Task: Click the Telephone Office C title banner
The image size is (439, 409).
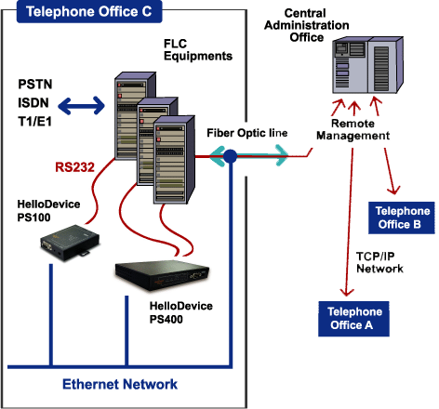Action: [x=89, y=12]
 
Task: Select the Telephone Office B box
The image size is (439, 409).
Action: [x=402, y=218]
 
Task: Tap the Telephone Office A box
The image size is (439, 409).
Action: [x=353, y=319]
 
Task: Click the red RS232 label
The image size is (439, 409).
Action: [x=74, y=167]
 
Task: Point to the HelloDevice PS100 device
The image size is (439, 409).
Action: [x=70, y=243]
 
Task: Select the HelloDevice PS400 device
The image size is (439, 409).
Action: [x=162, y=276]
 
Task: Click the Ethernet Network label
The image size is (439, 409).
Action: [x=120, y=384]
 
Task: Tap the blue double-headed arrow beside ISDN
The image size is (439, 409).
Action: [x=81, y=106]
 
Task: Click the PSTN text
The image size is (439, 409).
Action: [x=35, y=85]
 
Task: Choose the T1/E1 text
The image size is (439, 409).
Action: [x=34, y=122]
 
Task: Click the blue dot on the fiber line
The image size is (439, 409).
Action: [x=230, y=156]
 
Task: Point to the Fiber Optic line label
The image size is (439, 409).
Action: [x=247, y=133]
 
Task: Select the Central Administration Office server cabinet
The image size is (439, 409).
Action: [x=368, y=65]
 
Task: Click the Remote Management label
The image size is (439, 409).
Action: [x=353, y=129]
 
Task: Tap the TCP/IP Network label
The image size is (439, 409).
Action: [x=379, y=262]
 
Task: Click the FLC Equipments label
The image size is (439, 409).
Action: [x=198, y=50]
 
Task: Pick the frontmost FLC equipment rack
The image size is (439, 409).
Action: [x=174, y=160]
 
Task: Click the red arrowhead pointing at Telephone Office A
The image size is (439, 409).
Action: [x=347, y=292]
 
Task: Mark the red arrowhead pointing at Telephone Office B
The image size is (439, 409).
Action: [x=393, y=190]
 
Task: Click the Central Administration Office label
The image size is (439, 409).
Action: [x=306, y=25]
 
